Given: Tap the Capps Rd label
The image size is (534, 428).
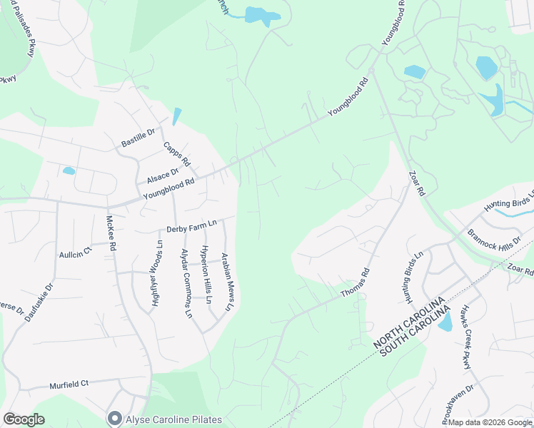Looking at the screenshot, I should tap(176, 154).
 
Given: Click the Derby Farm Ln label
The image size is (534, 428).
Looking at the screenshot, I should tap(191, 228).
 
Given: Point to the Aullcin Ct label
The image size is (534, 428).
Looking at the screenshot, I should tap(76, 254).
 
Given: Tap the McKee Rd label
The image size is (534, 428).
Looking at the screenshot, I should tap(111, 233).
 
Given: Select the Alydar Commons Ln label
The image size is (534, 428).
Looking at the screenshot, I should tap(186, 282).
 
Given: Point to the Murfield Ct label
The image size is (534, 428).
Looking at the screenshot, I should tap(69, 384).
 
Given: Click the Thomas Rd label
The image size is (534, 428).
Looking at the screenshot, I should tap(356, 282).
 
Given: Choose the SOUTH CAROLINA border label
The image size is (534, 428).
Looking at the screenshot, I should tap(415, 331).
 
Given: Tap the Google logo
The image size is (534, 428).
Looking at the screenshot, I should tap(24, 419).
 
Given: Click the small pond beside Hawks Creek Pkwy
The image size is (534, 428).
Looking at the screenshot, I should tap(445, 322).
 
